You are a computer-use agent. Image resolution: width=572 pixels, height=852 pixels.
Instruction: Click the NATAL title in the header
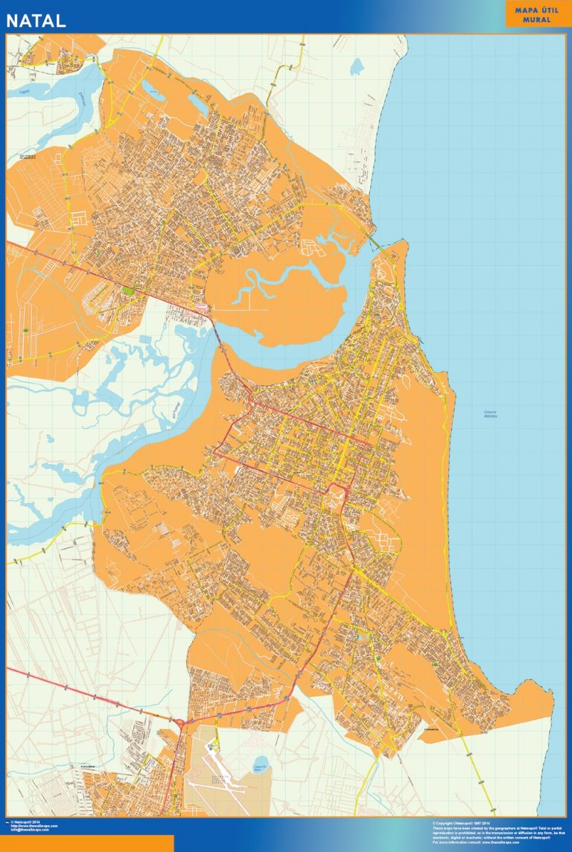(x=36, y=20)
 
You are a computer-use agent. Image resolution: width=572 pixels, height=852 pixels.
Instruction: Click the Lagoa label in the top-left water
(x=20, y=91)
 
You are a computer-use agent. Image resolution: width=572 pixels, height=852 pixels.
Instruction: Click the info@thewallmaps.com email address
(x=30, y=830)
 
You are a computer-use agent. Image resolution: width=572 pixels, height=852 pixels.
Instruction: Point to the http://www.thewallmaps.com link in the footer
(x=33, y=825)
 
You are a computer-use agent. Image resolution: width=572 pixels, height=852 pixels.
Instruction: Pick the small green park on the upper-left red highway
(x=129, y=290)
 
